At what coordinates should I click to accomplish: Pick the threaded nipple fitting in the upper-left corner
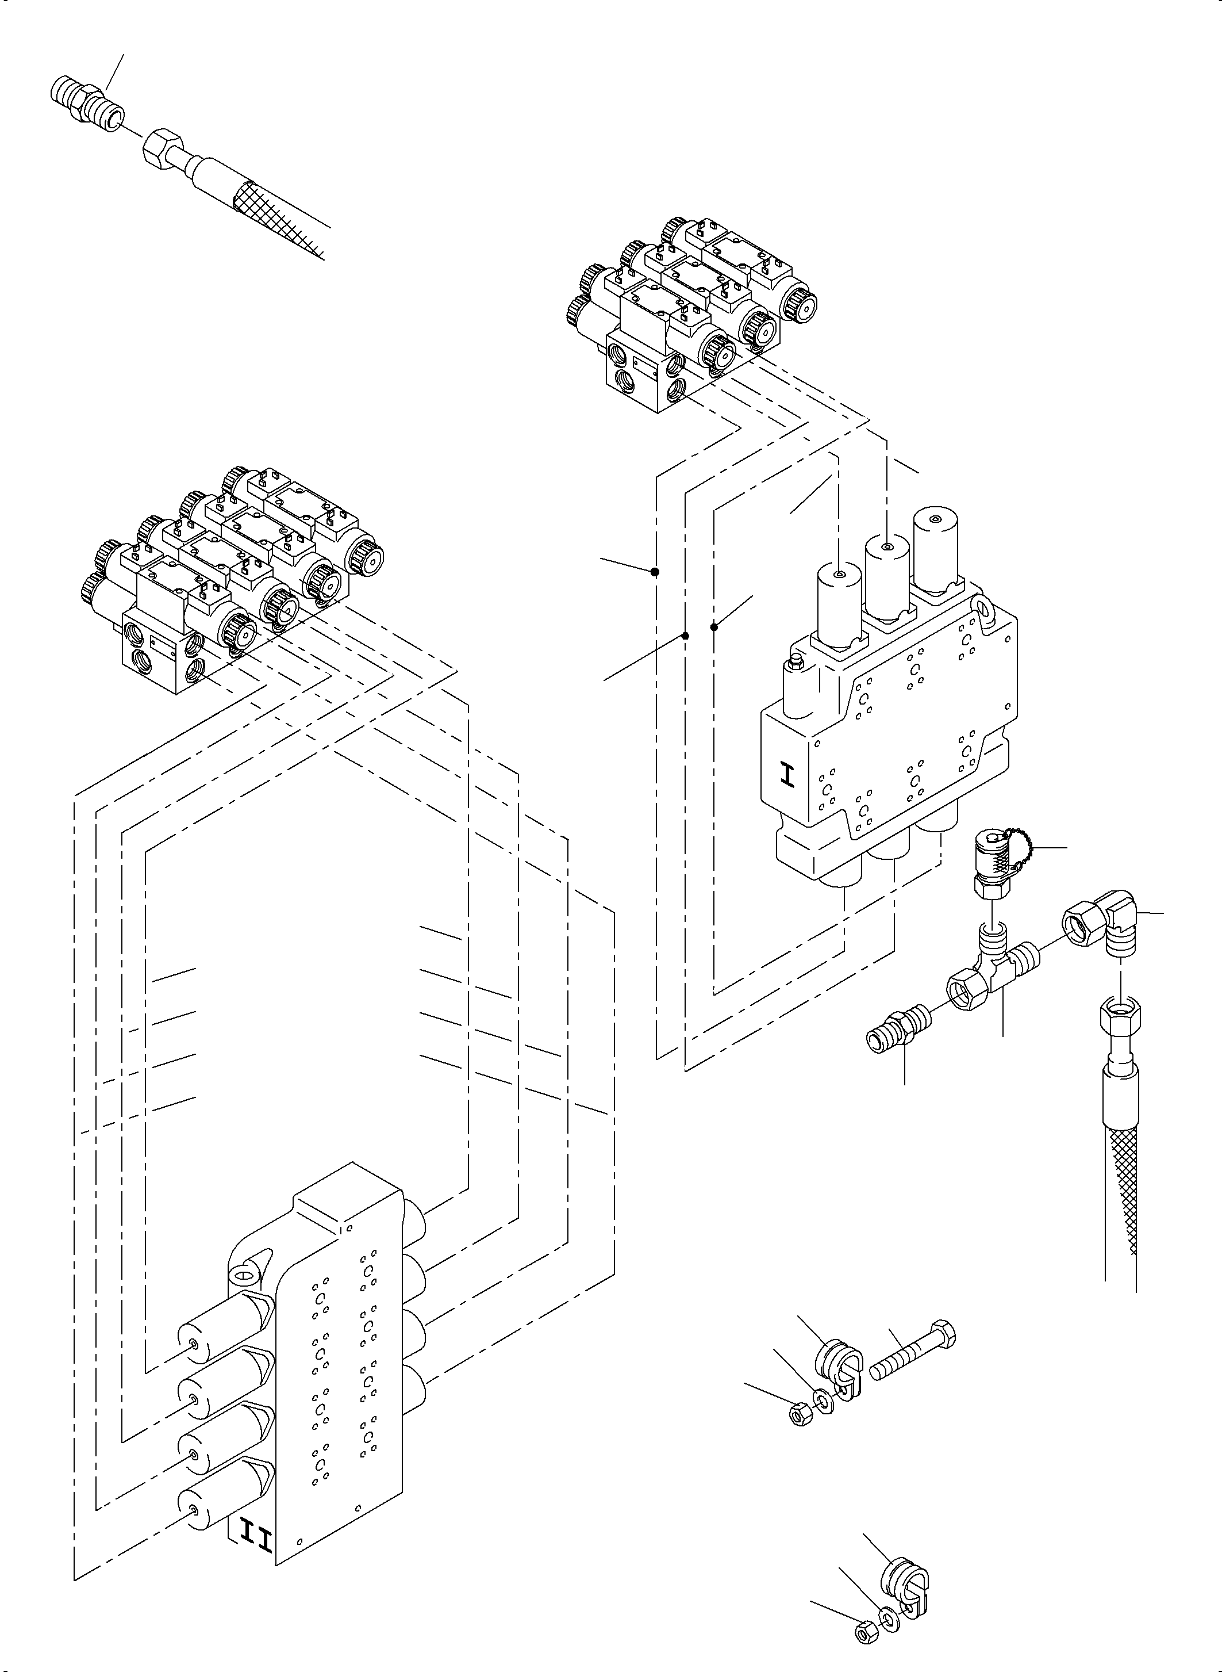87,104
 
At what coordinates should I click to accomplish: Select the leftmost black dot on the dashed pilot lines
655,571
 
